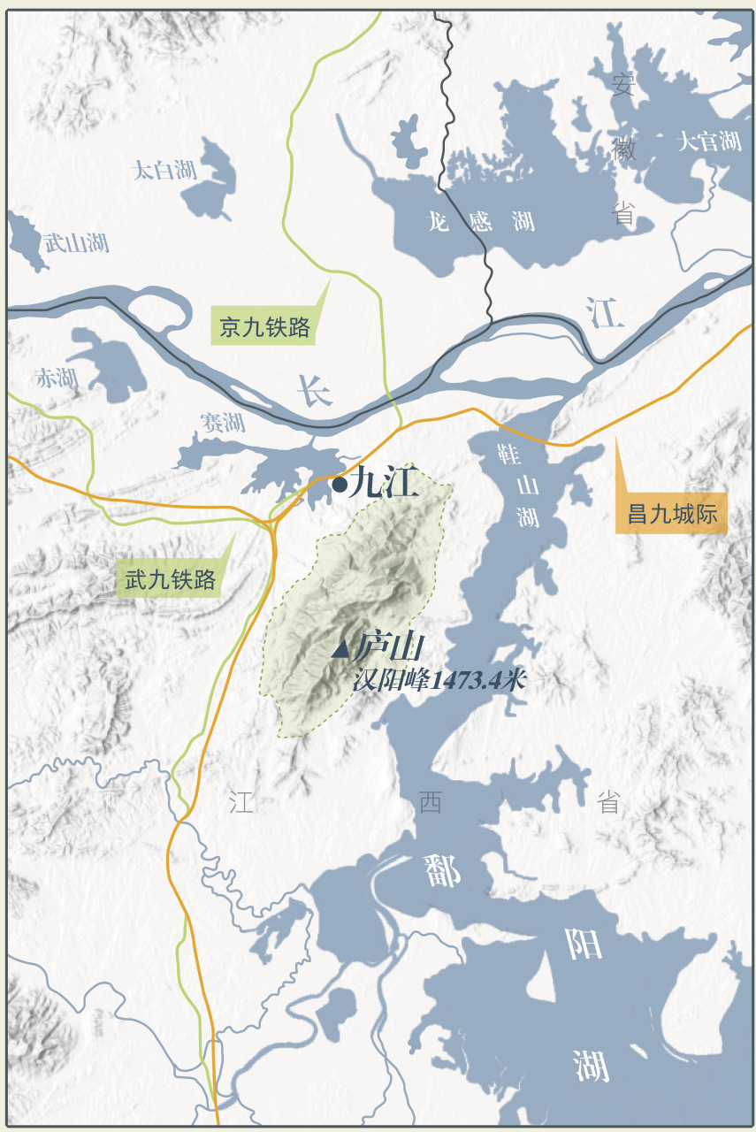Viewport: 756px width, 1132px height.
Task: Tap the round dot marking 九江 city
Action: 340,484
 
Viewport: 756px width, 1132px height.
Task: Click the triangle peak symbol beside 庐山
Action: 340,650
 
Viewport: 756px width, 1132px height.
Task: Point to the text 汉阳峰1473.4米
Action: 439,681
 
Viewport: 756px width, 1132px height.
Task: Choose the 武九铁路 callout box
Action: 170,580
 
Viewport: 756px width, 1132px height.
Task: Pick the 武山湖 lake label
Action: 77,242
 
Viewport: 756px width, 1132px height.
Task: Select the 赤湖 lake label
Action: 57,379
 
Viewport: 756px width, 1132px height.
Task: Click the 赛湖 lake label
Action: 222,423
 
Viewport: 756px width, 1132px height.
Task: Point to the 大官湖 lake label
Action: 708,141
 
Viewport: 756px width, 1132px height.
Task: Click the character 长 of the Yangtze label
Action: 314,389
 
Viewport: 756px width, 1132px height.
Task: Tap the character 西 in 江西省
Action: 431,802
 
